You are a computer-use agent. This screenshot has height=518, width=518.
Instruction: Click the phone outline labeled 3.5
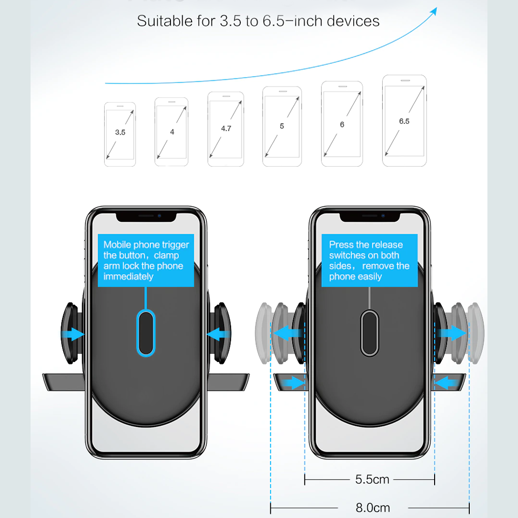click(120, 134)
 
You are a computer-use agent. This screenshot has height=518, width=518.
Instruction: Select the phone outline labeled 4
click(171, 132)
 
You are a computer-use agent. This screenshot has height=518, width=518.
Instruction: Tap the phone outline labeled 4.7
click(225, 129)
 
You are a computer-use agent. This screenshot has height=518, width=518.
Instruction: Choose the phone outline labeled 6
click(342, 124)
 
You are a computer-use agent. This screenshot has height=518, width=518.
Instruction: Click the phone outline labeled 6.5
click(404, 121)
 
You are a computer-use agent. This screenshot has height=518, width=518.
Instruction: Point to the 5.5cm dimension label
click(372, 480)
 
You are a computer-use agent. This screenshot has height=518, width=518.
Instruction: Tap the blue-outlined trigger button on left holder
click(146, 333)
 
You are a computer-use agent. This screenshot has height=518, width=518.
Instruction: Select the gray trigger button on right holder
click(369, 333)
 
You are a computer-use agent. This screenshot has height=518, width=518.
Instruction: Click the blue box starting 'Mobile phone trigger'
click(146, 260)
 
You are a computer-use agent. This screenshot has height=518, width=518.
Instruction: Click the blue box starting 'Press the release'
click(369, 260)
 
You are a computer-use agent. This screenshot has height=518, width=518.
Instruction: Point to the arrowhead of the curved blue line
click(433, 11)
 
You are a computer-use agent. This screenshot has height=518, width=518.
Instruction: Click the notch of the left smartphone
click(146, 215)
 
